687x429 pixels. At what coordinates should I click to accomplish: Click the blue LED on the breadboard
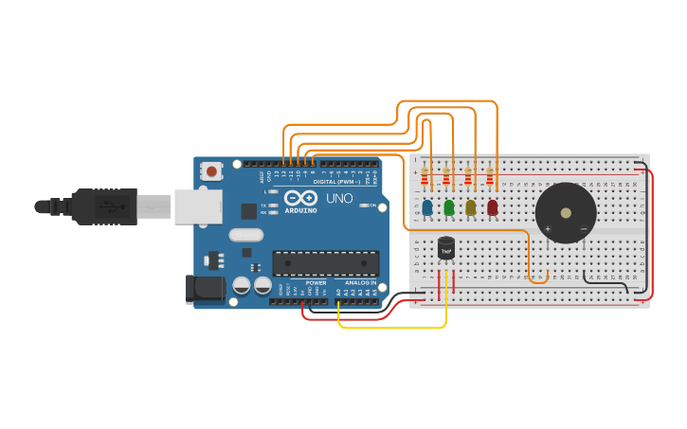[427, 207]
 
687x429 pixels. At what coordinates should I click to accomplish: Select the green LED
[449, 207]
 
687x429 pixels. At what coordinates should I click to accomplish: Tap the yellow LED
[470, 207]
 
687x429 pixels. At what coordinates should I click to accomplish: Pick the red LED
[492, 207]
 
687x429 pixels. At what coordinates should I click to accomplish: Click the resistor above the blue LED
[425, 176]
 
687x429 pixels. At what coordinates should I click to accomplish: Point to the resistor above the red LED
[490, 176]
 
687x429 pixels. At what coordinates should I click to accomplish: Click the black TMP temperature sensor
[446, 247]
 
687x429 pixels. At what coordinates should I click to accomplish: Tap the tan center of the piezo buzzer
[567, 213]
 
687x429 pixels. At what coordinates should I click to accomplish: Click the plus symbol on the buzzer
[548, 229]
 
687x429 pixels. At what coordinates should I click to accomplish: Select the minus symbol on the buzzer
[583, 229]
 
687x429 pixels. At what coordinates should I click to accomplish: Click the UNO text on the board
[339, 199]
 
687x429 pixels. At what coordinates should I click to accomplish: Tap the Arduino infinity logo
[300, 199]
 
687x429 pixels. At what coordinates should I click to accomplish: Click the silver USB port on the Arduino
[198, 206]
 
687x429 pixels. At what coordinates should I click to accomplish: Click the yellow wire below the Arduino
[398, 328]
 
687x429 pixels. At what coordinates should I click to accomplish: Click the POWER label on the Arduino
[316, 282]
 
